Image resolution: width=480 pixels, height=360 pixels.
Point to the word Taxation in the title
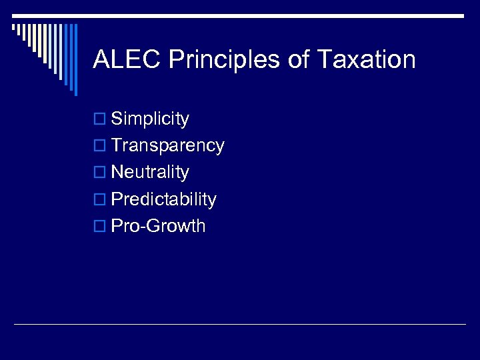(366, 60)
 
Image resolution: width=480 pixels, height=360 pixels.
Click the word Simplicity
(150, 119)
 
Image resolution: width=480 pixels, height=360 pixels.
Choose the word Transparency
(167, 146)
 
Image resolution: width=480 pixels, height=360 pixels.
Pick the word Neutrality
(150, 172)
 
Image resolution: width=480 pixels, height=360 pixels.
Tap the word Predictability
(163, 199)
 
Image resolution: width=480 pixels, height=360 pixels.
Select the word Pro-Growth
(158, 226)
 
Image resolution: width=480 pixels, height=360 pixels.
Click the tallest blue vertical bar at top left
(75, 60)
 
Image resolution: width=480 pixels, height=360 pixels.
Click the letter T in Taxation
(324, 60)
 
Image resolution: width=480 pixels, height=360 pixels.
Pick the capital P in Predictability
(117, 199)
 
